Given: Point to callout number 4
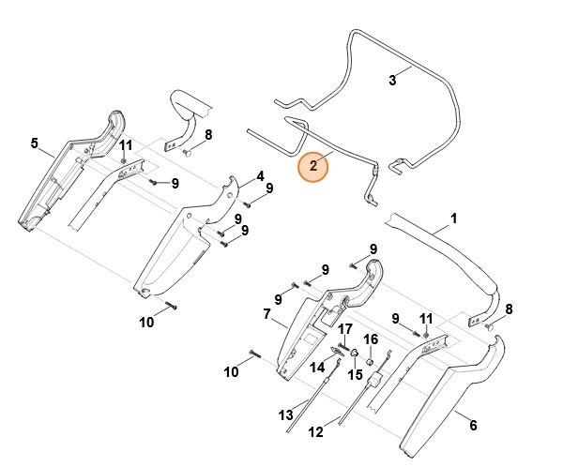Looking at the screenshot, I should [x=260, y=175].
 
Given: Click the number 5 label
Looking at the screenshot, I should [x=35, y=143].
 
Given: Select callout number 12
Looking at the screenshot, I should [x=315, y=433].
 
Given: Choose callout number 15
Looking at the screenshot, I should [x=356, y=374].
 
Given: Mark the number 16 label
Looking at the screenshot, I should [x=371, y=339].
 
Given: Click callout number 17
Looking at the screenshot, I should [x=345, y=329].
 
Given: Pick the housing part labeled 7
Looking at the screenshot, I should [x=310, y=328].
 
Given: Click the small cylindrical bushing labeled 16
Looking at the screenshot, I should [x=370, y=359].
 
